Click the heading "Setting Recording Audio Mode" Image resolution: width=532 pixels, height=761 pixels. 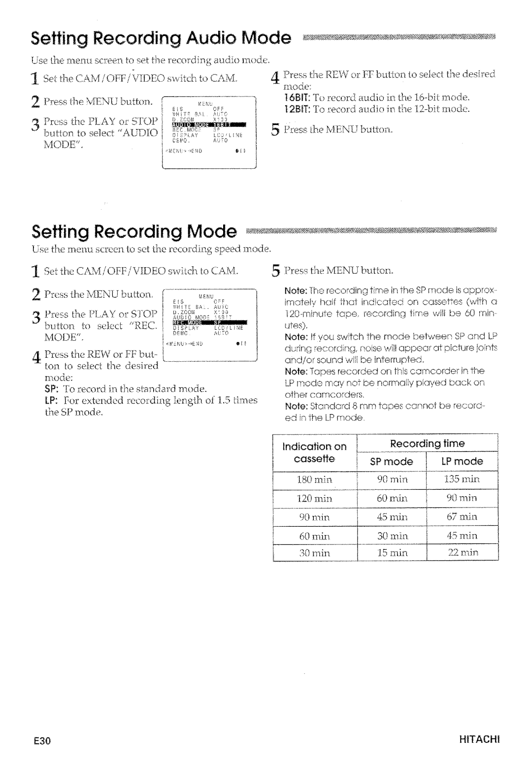click(161, 38)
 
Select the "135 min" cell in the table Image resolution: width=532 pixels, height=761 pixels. click(462, 479)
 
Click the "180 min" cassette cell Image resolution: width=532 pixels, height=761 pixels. click(315, 479)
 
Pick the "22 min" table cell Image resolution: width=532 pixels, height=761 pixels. click(462, 553)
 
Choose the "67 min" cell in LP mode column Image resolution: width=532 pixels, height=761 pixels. click(462, 516)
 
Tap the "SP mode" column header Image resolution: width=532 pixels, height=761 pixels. click(392, 461)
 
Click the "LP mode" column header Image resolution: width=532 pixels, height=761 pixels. click(462, 461)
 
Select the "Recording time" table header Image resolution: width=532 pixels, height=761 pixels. click(427, 444)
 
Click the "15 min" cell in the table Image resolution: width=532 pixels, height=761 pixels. click(392, 553)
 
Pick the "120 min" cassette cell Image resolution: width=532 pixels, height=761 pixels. click(315, 498)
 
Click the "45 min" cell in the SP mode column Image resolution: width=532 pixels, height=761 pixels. click(392, 516)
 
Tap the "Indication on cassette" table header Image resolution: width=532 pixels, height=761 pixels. click(315, 452)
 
